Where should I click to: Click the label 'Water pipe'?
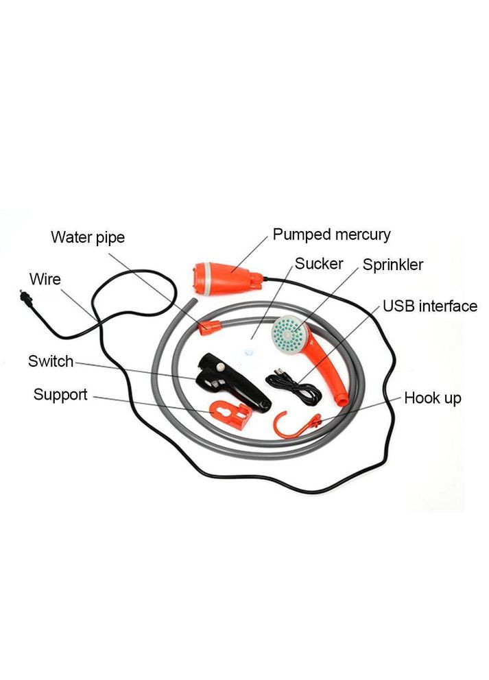[x=88, y=238]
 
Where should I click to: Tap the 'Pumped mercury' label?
[x=331, y=234]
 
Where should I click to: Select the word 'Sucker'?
[x=319, y=264]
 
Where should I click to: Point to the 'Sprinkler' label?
[x=393, y=265]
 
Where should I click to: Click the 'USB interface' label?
[x=429, y=306]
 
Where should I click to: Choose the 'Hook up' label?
[x=432, y=398]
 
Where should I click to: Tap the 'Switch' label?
[x=50, y=361]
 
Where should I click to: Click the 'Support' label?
[x=60, y=395]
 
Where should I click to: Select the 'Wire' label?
[x=45, y=279]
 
